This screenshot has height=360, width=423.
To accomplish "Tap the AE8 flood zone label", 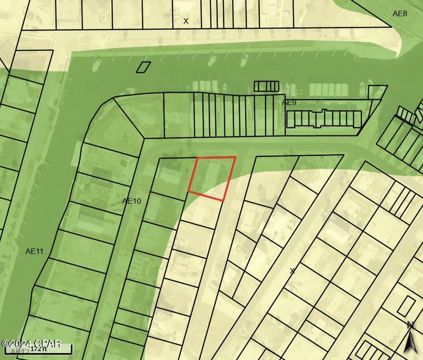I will (399, 14).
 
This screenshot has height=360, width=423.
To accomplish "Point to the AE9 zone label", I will (289, 102).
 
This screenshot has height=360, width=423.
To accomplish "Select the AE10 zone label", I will (131, 201).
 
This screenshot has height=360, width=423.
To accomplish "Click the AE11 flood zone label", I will (34, 251).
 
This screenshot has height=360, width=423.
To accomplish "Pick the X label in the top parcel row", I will (186, 21).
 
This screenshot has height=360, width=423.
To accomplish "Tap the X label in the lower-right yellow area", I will (292, 271).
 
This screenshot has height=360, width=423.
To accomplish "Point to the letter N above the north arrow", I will (410, 325).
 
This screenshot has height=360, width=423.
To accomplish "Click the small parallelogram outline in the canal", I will (143, 67).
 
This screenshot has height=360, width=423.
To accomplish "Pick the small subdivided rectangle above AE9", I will (266, 86).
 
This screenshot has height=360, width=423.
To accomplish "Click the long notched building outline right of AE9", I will (324, 119).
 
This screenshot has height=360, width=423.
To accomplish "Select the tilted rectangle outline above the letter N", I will (406, 306).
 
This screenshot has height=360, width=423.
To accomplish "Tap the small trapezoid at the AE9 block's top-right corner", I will (377, 92).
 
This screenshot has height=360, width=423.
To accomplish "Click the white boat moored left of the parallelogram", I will (97, 64).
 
